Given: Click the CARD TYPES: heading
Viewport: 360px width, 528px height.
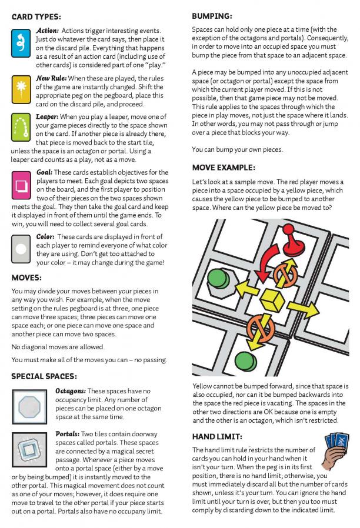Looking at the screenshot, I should [36, 17].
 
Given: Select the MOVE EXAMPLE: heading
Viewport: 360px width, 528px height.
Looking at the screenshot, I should [224, 168].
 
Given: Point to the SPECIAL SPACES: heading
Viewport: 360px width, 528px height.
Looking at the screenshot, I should [44, 376].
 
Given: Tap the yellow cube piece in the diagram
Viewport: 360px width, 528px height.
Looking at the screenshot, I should [272, 298].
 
